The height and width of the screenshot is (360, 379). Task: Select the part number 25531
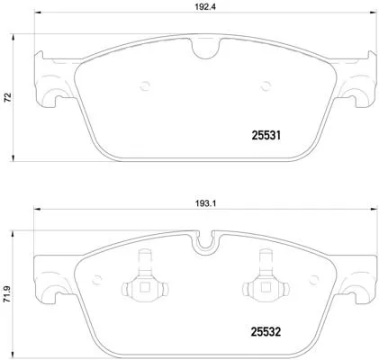265,138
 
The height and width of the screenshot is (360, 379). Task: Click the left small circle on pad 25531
146,87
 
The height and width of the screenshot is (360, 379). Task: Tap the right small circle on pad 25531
265,87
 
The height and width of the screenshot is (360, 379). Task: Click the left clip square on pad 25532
141,288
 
